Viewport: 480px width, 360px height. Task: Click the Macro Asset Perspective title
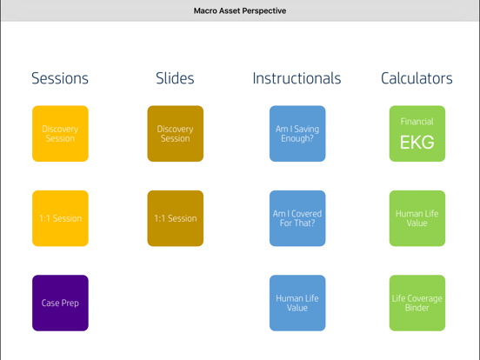pyautogui.click(x=239, y=11)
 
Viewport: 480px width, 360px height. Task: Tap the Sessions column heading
pyautogui.click(x=60, y=78)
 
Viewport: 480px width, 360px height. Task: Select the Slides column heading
pyautogui.click(x=175, y=78)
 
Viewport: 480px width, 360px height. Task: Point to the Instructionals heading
pyautogui.click(x=297, y=78)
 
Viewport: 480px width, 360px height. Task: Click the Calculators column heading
pyautogui.click(x=417, y=78)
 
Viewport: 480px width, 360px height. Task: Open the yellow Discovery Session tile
pyautogui.click(x=60, y=134)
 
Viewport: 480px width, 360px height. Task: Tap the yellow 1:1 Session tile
pyautogui.click(x=60, y=218)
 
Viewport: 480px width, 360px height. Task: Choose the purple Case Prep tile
pyautogui.click(x=60, y=303)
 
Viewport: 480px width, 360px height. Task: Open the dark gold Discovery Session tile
pyautogui.click(x=175, y=134)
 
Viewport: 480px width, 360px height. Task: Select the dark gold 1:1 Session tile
pyautogui.click(x=175, y=218)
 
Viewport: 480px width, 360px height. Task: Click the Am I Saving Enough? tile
pyautogui.click(x=297, y=134)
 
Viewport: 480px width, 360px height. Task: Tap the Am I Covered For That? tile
pyautogui.click(x=297, y=218)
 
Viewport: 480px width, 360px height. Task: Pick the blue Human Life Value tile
pyautogui.click(x=297, y=303)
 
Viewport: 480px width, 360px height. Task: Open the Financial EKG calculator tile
pyautogui.click(x=417, y=134)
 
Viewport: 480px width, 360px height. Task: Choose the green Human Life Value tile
pyautogui.click(x=417, y=218)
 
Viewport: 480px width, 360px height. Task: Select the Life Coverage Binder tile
pyautogui.click(x=417, y=303)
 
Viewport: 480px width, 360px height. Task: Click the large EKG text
pyautogui.click(x=417, y=143)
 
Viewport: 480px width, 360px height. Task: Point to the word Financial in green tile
pyautogui.click(x=417, y=122)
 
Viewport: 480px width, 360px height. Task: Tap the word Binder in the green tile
pyautogui.click(x=417, y=308)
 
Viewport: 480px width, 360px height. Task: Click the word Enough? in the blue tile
pyautogui.click(x=297, y=139)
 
